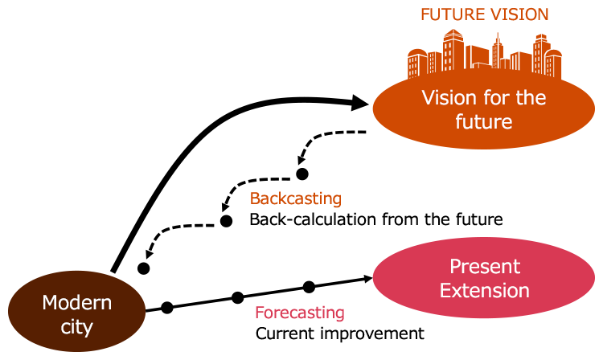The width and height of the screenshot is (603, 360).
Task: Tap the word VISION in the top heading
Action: [519, 14]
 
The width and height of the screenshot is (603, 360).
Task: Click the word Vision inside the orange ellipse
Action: [449, 98]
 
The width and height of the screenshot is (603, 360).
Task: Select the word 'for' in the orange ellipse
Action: [495, 98]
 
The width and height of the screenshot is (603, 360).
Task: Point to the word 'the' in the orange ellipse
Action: [530, 98]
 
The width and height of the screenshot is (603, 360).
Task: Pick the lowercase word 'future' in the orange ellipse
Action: [484, 122]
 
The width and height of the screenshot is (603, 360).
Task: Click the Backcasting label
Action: [295, 198]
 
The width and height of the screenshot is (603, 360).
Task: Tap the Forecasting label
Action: [299, 313]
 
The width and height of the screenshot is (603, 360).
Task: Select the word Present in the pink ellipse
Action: [485, 266]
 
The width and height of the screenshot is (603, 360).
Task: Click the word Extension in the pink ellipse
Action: [484, 290]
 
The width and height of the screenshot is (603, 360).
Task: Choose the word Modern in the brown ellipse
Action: [77, 303]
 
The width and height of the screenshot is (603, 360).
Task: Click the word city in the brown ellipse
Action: [77, 327]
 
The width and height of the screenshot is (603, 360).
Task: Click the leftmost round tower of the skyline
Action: [416, 64]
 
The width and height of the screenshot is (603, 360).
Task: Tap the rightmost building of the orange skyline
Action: [553, 64]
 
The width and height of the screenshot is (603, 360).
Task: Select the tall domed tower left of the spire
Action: [453, 52]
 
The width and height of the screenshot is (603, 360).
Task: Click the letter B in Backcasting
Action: [255, 198]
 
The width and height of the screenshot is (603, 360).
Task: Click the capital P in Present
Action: [454, 266]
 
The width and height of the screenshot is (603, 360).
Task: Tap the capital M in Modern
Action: [49, 303]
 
